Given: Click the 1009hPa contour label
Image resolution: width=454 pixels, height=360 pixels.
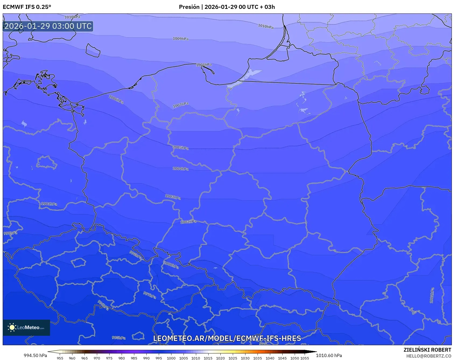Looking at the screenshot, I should click(x=181, y=39).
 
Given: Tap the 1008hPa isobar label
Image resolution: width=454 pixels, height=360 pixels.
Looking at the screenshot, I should click(x=204, y=65).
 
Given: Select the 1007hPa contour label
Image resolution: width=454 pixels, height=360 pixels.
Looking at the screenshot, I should click(x=181, y=105).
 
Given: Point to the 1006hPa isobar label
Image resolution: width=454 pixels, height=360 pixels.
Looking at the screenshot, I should click(x=116, y=100).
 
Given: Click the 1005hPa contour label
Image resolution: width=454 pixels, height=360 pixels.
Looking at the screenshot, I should click(x=181, y=148).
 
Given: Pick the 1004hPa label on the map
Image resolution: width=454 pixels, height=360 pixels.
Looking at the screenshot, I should click(x=181, y=169).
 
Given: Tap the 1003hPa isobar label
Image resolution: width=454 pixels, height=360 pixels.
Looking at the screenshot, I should click(x=173, y=197).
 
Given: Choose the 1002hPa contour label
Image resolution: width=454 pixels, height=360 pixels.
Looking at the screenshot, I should click(x=188, y=222).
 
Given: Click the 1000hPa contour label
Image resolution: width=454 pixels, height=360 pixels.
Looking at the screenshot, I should click(x=171, y=265).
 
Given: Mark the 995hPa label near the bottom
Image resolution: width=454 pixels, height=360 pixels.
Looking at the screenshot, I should click(x=119, y=338).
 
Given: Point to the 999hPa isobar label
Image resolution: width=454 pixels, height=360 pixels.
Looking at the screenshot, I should click(x=10, y=233).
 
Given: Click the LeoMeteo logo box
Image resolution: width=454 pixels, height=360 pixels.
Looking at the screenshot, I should click(x=26, y=327).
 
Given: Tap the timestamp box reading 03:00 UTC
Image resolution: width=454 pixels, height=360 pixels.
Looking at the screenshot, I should click(x=48, y=26).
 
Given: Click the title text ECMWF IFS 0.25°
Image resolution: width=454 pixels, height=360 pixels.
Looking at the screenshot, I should click(x=27, y=7).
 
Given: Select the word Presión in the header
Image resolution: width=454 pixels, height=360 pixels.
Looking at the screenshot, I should click(x=189, y=7).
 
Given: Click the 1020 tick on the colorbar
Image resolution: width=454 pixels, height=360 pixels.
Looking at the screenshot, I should click(x=220, y=358).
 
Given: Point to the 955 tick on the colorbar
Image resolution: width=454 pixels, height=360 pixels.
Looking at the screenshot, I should click(x=60, y=358).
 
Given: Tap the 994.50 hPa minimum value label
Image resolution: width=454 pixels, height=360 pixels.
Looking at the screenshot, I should click(x=35, y=355).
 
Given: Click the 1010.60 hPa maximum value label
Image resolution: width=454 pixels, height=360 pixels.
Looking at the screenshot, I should click(x=329, y=355).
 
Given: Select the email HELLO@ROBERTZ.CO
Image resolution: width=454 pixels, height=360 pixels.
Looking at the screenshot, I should click(x=429, y=356).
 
